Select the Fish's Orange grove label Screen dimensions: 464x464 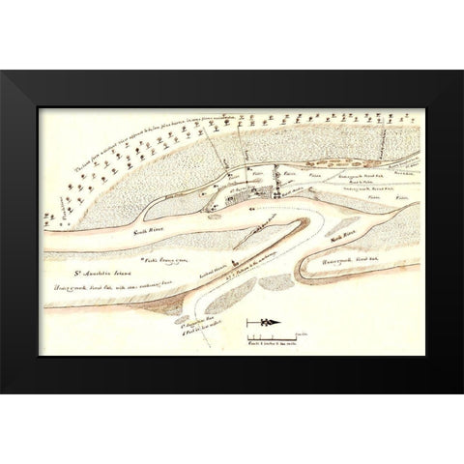(x=160, y=261)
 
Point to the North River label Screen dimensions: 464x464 (x=342, y=236)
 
